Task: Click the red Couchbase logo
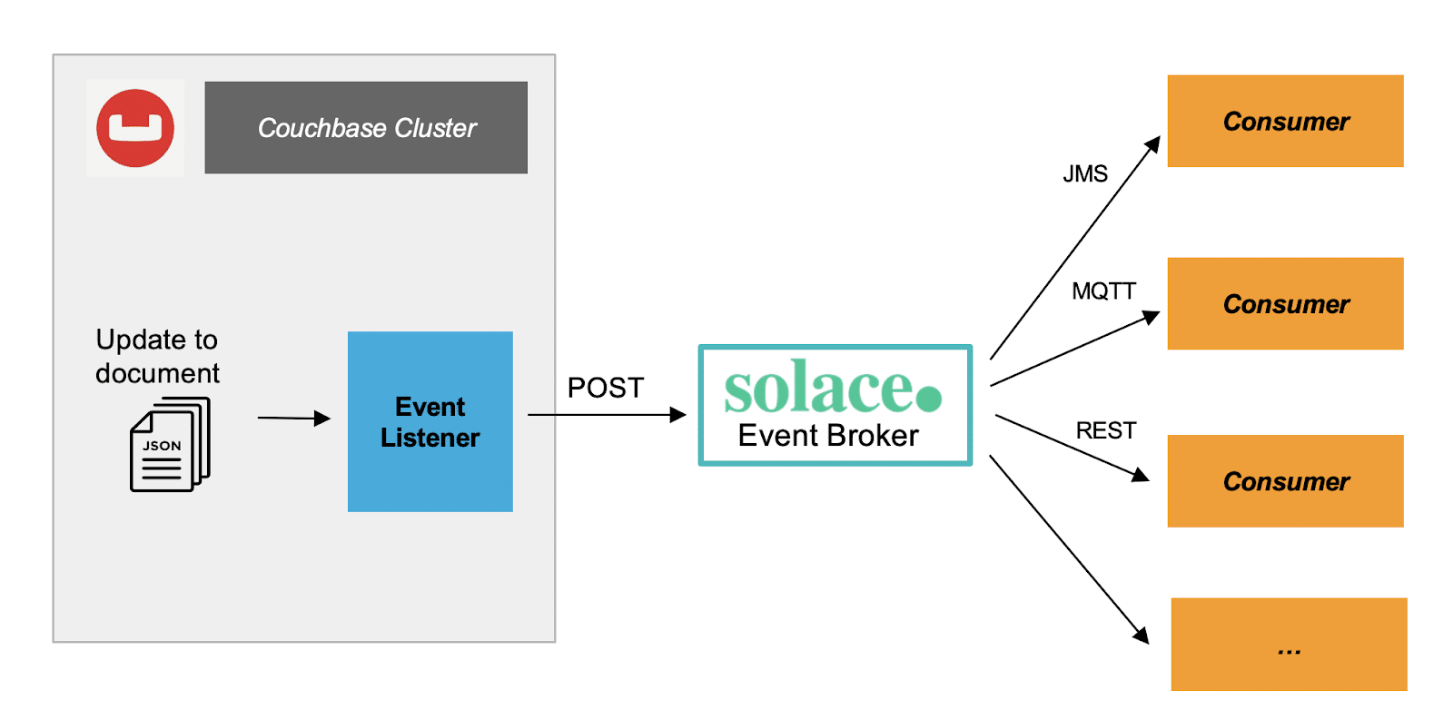pyautogui.click(x=135, y=128)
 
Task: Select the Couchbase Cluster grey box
pyautogui.click(x=366, y=128)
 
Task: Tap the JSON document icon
pyautogui.click(x=170, y=445)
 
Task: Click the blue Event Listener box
pyautogui.click(x=430, y=421)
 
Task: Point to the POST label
pyautogui.click(x=605, y=388)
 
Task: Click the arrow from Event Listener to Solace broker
pyautogui.click(x=604, y=415)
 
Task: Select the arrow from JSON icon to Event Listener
pyautogui.click(x=292, y=418)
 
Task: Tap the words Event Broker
pyautogui.click(x=828, y=436)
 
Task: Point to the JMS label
pyautogui.click(x=1085, y=173)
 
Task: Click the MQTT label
pyautogui.click(x=1103, y=291)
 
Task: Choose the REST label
pyautogui.click(x=1105, y=430)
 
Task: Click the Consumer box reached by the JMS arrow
pyautogui.click(x=1285, y=121)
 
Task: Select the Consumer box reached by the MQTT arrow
pyautogui.click(x=1285, y=303)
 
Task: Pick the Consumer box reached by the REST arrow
pyautogui.click(x=1285, y=481)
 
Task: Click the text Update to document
pyautogui.click(x=157, y=356)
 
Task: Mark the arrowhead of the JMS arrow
pyautogui.click(x=1153, y=144)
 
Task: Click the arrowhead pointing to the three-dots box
pyautogui.click(x=1142, y=636)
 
